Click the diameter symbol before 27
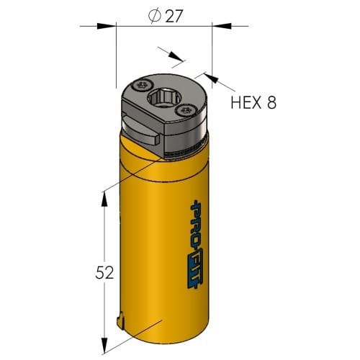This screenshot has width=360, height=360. (x=155, y=16)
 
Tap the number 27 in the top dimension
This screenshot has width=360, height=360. (x=174, y=17)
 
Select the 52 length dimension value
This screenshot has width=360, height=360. (x=104, y=273)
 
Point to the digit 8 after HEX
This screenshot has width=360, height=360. (x=271, y=102)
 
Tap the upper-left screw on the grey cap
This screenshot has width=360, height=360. (x=143, y=85)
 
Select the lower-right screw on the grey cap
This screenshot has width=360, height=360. (x=186, y=111)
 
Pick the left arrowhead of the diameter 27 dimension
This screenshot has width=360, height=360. (x=107, y=26)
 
